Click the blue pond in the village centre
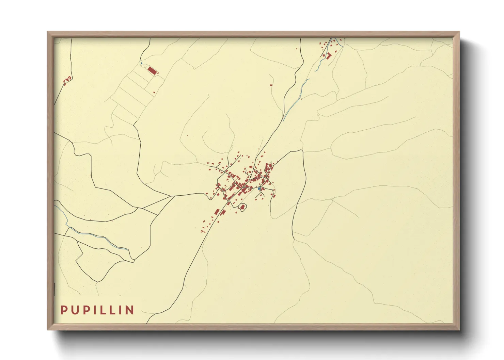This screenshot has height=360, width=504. coord(259,189)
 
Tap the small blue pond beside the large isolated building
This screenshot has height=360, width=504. coord(141,63)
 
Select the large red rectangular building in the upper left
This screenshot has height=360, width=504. coord(152,70)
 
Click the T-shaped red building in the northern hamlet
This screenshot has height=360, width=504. coord(329,55)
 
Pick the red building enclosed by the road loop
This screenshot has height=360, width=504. coord(243,207)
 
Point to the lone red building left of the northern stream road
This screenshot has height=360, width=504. coord(271,84)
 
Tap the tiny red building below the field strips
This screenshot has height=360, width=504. coord(154,92)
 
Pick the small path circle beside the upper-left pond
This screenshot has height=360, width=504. coord(145,65)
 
